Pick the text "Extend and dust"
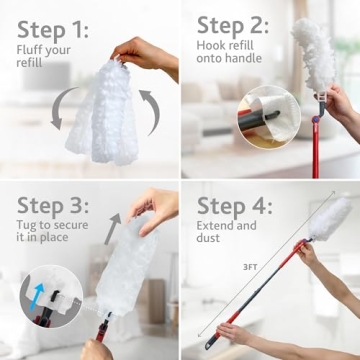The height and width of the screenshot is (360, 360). click(x=225, y=233)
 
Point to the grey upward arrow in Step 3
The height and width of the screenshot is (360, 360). click(x=112, y=228)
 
